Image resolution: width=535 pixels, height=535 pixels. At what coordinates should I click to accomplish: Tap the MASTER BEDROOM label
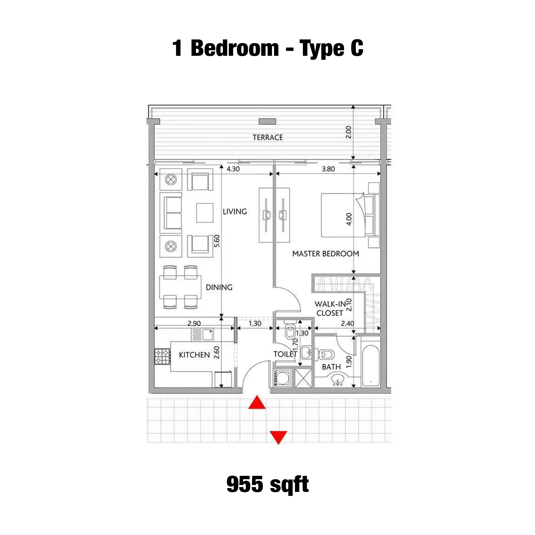[326, 254]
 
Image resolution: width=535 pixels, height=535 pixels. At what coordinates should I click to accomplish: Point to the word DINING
[219, 287]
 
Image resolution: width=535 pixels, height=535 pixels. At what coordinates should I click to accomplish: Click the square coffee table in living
[205, 213]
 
